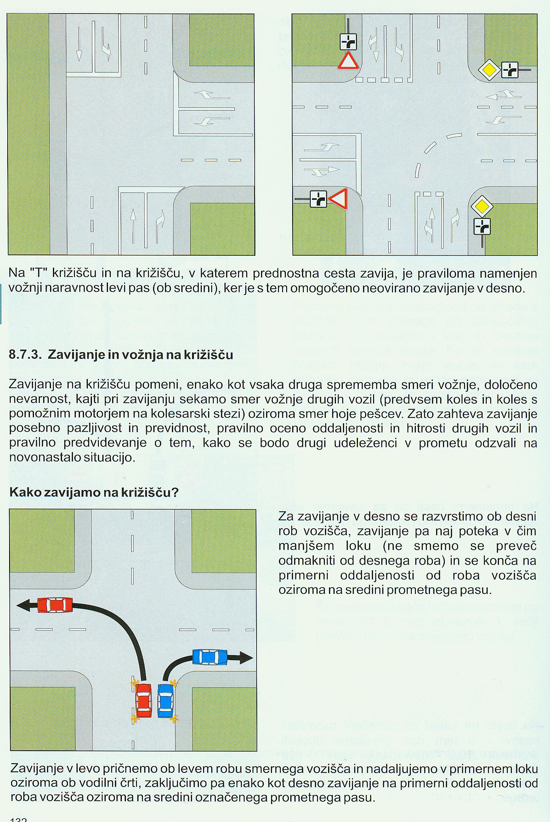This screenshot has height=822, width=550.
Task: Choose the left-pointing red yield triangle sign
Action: (338, 199)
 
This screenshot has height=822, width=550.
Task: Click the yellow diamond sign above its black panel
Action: (482, 206)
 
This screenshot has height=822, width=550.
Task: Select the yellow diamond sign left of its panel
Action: (489, 70)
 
